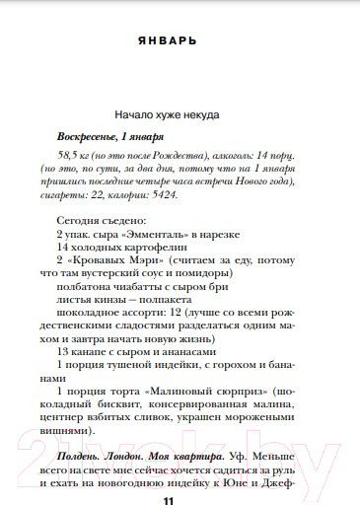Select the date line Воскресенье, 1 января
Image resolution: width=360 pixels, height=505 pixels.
[110, 136]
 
